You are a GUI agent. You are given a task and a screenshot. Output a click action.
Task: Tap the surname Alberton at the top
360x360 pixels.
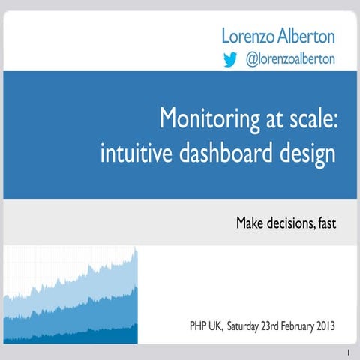tap(307, 35)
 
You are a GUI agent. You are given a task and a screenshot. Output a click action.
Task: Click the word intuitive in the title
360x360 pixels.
tap(127, 155)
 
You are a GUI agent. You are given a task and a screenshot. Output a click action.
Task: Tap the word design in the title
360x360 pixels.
tap(304, 155)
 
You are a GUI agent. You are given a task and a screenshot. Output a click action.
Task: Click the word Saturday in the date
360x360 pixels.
tap(247, 326)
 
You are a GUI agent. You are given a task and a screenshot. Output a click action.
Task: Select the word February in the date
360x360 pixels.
tap(301, 326)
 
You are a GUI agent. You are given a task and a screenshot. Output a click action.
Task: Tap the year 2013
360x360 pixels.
tap(334, 326)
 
